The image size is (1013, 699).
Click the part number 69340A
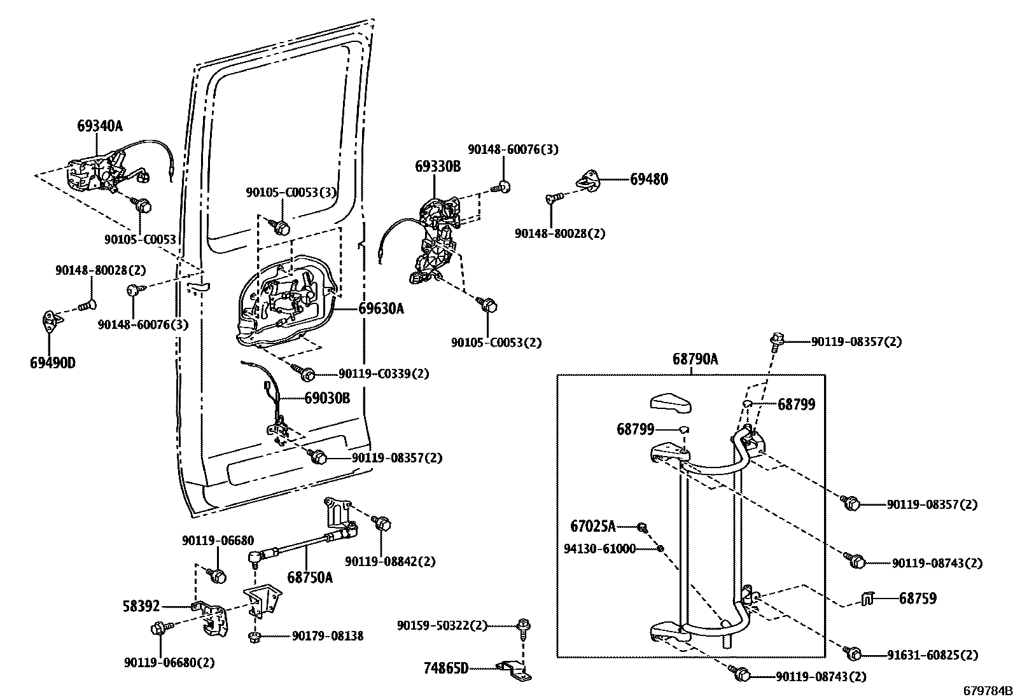coord(99,126)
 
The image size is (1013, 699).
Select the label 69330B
coord(438,167)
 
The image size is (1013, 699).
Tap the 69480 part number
coord(649,179)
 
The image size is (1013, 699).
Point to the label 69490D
coord(52,363)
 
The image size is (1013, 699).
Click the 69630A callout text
coord(381,308)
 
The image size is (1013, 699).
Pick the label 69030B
coord(326,398)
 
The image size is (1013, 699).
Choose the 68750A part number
coord(310,578)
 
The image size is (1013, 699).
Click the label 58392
coord(141,606)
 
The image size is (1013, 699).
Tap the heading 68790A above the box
coord(695,359)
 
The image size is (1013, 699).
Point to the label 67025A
coord(593,526)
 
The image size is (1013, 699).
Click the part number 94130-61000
coord(599,548)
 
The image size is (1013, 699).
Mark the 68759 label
coord(918,598)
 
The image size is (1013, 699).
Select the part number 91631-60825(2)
coord(932,654)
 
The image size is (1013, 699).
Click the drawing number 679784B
coord(986,691)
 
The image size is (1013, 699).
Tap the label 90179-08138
coord(328,635)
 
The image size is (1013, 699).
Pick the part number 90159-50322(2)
coord(442,626)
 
